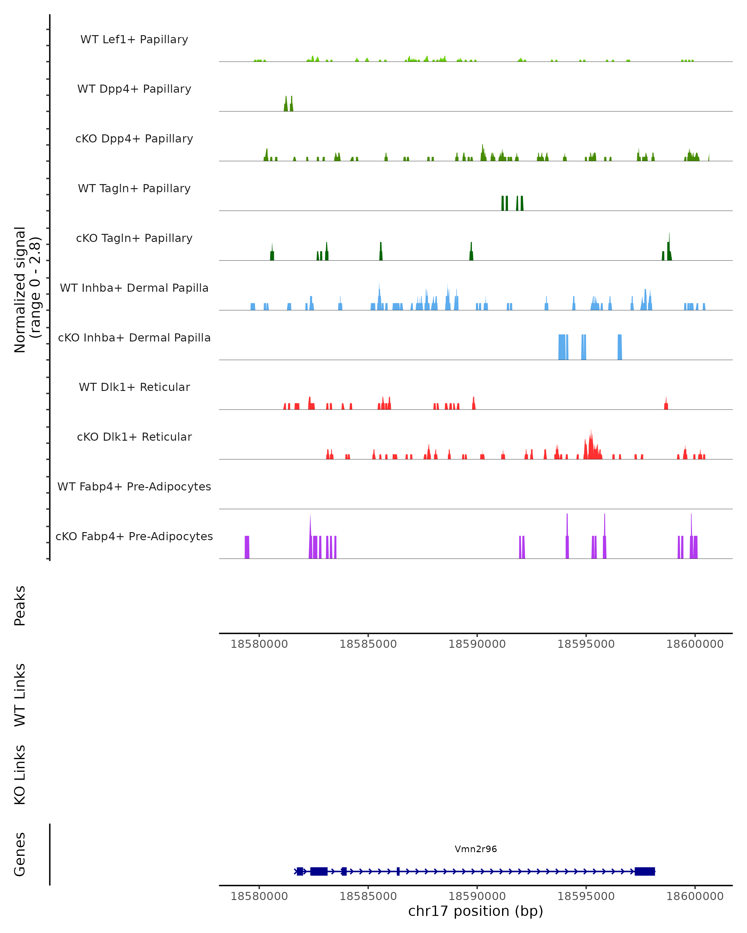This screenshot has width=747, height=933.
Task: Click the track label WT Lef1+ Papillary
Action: (134, 39)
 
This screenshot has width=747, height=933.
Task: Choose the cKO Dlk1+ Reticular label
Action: (134, 437)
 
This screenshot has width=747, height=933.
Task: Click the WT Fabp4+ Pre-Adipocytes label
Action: (134, 486)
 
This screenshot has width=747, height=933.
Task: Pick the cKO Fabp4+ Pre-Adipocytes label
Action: (134, 536)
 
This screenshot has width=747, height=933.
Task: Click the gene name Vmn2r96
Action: (476, 849)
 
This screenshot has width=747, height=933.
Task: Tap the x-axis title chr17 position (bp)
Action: (476, 911)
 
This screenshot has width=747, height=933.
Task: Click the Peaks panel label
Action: (20, 606)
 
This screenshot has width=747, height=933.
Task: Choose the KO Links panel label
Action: (20, 775)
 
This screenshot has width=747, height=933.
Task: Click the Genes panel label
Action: (20, 854)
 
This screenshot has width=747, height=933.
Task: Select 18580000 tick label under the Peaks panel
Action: (259, 644)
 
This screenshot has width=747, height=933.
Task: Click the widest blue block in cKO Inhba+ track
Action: (562, 347)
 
